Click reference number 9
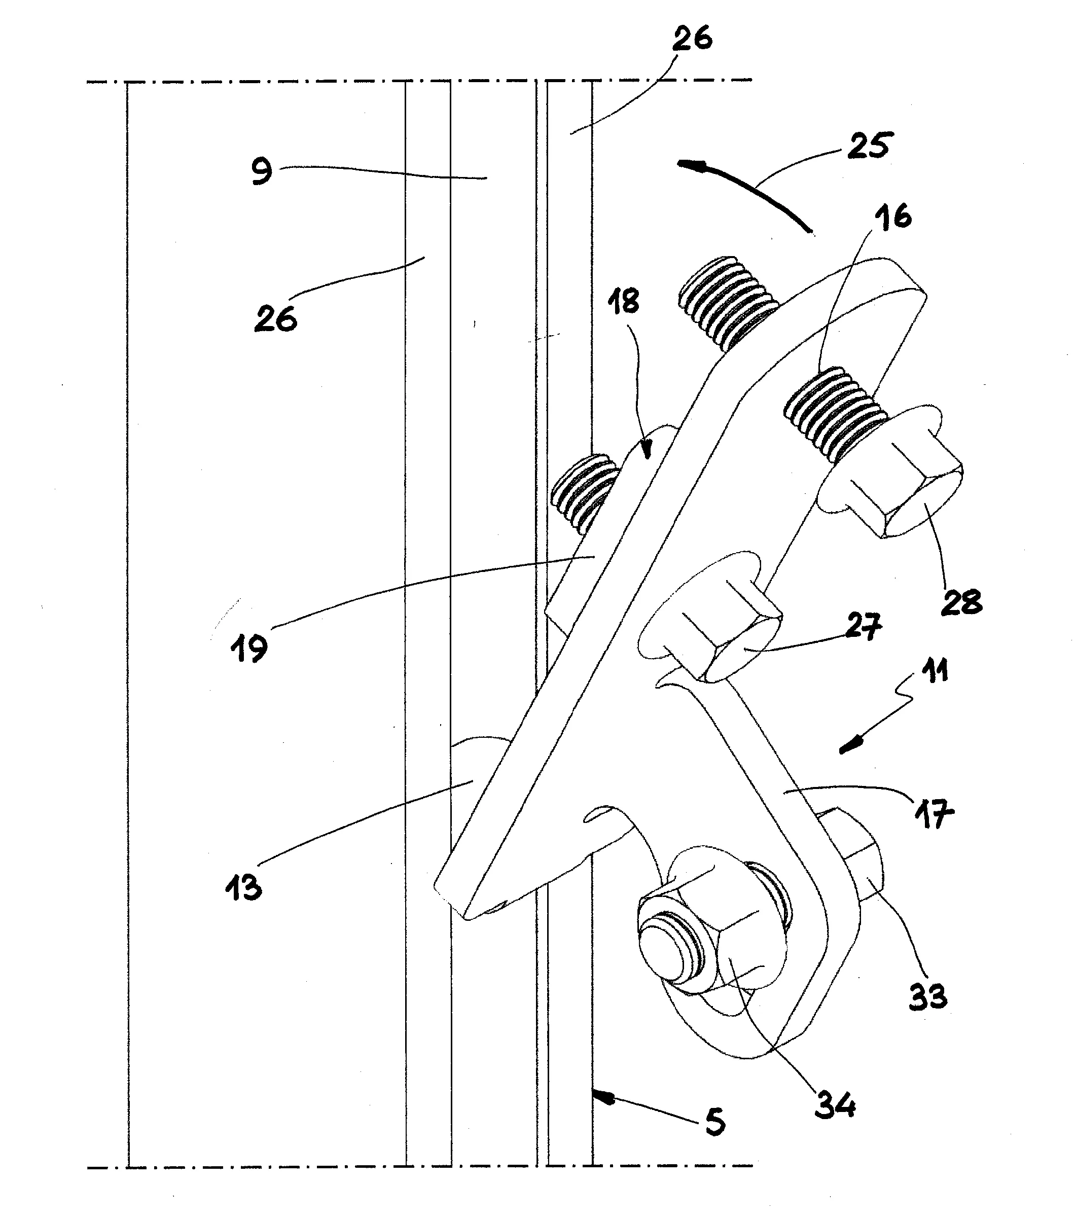[262, 171]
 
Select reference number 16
[893, 217]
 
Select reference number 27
[863, 627]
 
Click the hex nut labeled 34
[713, 946]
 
